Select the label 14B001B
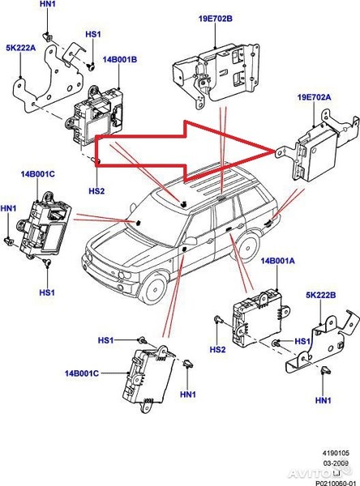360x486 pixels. point(119,61)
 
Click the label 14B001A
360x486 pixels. point(277,263)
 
